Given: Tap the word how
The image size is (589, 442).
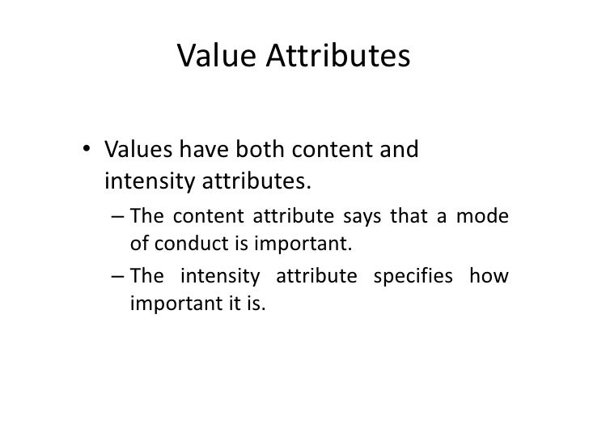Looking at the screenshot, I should pos(492,278).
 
